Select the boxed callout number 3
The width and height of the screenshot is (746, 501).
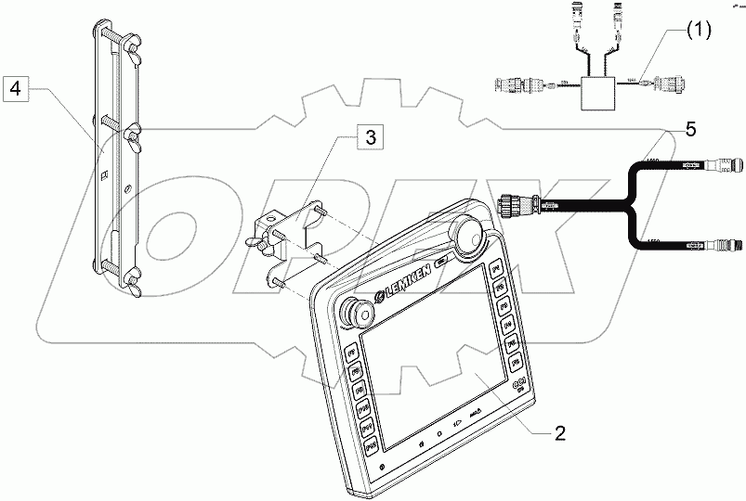(x=369, y=138)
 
